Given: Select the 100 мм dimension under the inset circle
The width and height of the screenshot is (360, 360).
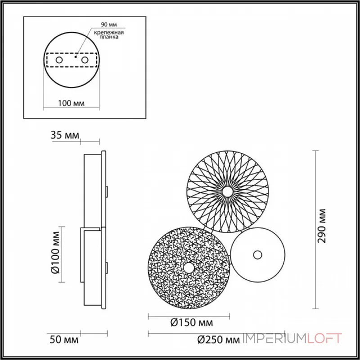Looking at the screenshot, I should (72, 103).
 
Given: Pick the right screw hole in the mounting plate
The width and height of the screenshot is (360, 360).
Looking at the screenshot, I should (84, 60).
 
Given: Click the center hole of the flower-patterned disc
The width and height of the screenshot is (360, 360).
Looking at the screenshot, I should (229, 192).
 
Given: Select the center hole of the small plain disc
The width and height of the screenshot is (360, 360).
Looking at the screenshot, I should (257, 254).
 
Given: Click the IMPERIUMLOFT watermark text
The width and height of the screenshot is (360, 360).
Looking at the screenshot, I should (292, 338).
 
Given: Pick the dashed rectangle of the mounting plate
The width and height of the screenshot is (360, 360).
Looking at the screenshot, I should (72, 54).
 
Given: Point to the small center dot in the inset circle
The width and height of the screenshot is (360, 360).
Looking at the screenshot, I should (76, 57).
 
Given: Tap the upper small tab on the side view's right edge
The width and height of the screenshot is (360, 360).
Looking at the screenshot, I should (107, 191).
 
